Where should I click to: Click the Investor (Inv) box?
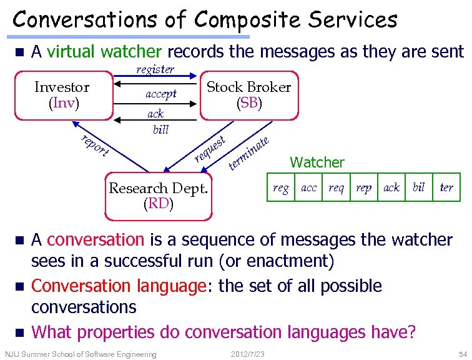click(61, 96)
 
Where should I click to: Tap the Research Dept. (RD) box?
click(159, 196)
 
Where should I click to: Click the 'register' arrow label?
click(155, 69)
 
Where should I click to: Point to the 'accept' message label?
click(161, 94)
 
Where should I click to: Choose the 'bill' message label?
click(160, 129)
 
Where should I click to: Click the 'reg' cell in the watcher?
click(281, 187)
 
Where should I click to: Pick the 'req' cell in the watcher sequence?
click(337, 187)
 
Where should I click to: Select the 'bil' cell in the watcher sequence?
click(418, 187)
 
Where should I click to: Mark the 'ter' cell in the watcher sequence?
click(446, 187)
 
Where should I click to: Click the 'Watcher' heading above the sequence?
click(317, 162)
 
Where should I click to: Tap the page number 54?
click(461, 354)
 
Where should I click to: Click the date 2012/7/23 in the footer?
click(248, 354)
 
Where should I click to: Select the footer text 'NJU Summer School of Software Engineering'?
click(81, 354)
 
